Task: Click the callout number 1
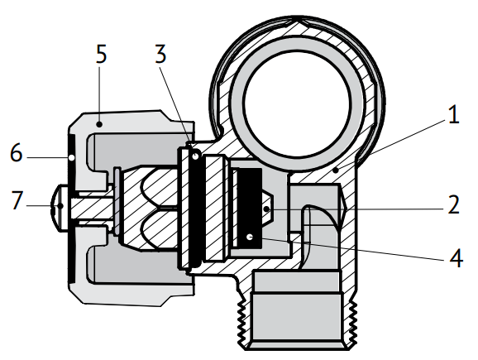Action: pos(454,115)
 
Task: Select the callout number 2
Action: pos(454,204)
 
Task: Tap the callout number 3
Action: pos(160,54)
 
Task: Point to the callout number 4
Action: pos(456,258)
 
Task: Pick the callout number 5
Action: pos(101,54)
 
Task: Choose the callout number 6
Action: pos(17,152)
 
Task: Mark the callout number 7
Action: pos(17,200)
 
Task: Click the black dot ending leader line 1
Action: pos(336,170)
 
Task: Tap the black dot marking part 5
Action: pos(98,124)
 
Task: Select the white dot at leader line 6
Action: pos(71,158)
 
